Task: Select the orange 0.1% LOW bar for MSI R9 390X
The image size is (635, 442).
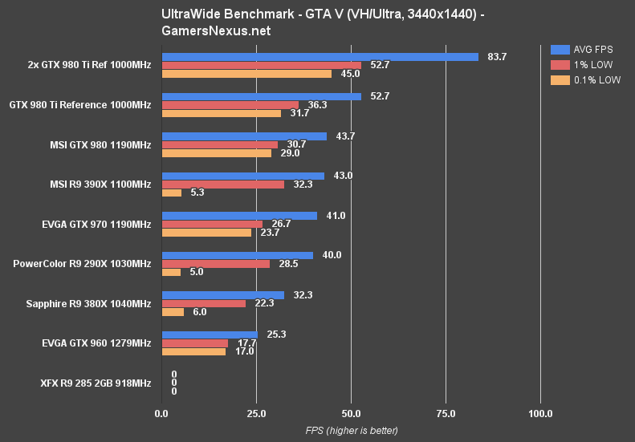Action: tap(171, 193)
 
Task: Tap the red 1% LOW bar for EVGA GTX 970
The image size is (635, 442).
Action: tap(212, 224)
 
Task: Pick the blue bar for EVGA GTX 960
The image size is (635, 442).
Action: tap(210, 334)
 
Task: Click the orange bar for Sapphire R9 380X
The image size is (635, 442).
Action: tap(173, 312)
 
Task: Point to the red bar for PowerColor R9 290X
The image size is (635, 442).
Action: tap(216, 263)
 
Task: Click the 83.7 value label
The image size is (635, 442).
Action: tap(497, 56)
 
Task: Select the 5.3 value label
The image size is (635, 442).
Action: tap(197, 193)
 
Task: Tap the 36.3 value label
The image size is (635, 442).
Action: tap(315, 104)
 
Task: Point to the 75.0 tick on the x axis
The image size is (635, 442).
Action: tap(446, 414)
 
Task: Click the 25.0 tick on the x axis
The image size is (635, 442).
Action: tap(256, 414)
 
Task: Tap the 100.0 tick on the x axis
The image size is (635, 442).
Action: tap(540, 414)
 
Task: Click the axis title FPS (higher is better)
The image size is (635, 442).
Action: tap(351, 431)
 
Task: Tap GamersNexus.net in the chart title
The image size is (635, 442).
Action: tap(216, 31)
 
